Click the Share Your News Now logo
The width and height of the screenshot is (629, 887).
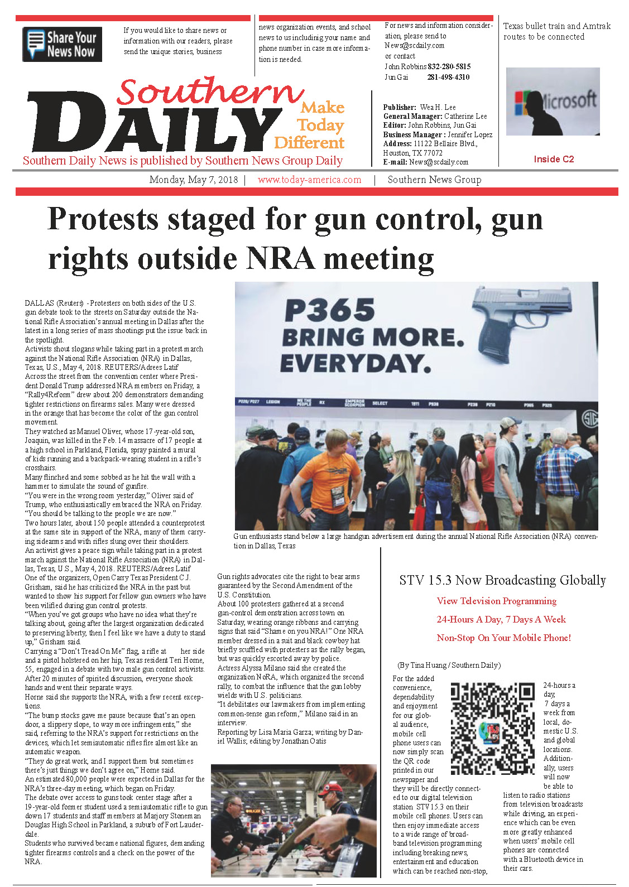coord(62,44)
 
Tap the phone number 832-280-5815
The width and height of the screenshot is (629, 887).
coord(449,66)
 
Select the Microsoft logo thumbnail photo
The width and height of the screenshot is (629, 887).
coord(552,102)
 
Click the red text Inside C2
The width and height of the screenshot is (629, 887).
coord(553,159)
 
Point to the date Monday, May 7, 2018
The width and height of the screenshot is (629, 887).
coord(193,180)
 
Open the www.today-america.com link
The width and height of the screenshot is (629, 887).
coord(309,180)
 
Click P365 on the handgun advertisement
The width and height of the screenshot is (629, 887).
coord(330,310)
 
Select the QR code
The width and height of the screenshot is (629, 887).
coord(492,729)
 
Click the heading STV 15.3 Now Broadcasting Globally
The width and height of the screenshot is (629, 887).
coord(502,580)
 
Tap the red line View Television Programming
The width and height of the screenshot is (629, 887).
coord(496,601)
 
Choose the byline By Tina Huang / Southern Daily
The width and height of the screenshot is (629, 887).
coord(449,665)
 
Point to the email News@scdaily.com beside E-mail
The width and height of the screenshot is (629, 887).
coord(439,162)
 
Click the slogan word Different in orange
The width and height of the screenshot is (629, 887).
coord(309,143)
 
